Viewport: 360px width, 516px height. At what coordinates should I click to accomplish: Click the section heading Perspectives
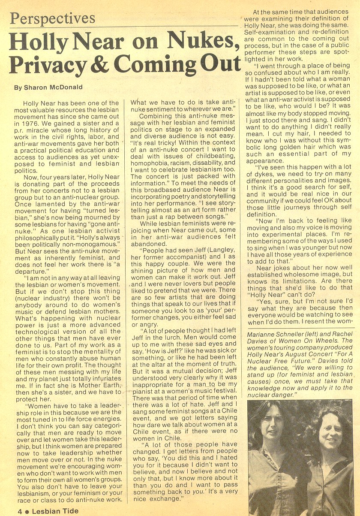click(52, 18)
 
